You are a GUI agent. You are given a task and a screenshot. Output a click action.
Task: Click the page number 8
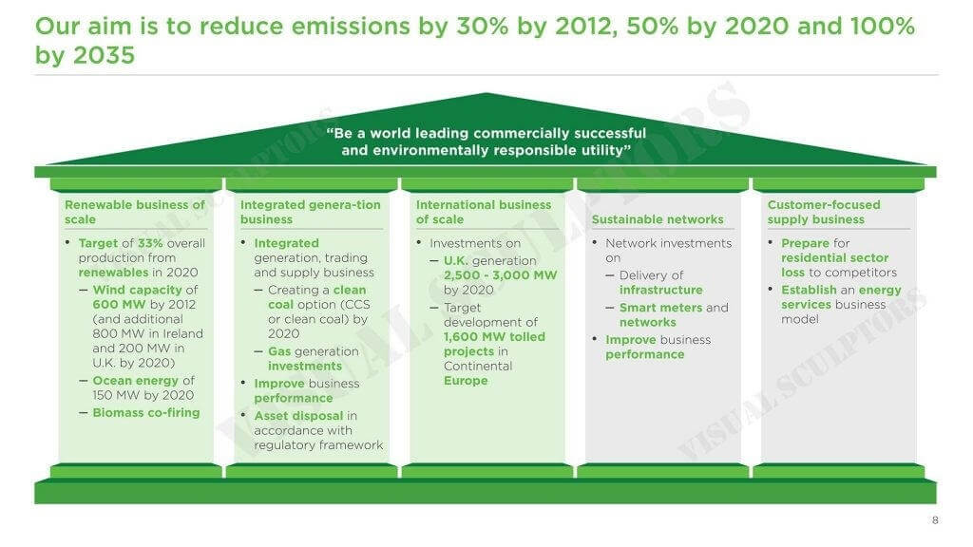(935, 520)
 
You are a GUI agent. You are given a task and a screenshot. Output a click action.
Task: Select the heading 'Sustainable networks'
(658, 219)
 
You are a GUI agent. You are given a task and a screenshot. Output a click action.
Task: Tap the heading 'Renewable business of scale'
(134, 212)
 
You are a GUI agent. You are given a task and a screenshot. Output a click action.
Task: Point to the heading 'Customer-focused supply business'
(824, 212)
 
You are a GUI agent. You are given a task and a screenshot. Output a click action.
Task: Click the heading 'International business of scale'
(484, 212)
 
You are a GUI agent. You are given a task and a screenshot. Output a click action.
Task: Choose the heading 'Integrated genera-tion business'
(311, 212)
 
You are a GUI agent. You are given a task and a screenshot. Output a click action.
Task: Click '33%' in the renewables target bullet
(150, 243)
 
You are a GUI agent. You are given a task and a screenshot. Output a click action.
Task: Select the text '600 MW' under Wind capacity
(119, 305)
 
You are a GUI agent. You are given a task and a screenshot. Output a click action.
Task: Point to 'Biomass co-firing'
(146, 413)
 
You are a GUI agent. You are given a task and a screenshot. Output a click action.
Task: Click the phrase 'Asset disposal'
(298, 416)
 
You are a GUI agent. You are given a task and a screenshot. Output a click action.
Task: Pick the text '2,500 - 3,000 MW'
(500, 275)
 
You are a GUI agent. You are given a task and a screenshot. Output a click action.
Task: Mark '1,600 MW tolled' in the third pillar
(494, 337)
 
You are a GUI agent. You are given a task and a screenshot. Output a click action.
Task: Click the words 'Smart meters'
(661, 308)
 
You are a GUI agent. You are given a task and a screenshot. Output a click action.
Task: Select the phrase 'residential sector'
(834, 258)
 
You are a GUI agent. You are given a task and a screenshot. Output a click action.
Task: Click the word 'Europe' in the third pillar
(466, 381)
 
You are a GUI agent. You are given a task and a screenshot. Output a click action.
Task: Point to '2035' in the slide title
(104, 55)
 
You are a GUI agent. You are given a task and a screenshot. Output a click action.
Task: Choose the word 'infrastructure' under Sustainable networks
(661, 291)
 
